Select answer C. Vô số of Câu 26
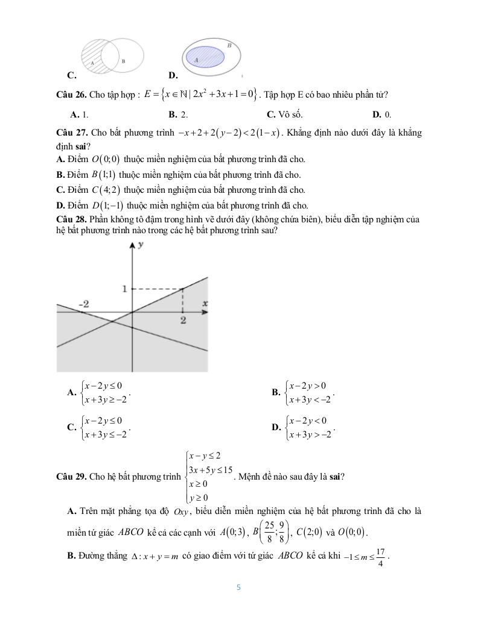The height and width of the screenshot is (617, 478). point(284,114)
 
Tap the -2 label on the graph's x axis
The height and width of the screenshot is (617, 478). point(85,304)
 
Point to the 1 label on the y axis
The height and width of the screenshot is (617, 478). point(124,289)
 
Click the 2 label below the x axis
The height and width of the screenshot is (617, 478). point(183,321)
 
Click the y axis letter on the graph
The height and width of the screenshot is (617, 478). point(140,245)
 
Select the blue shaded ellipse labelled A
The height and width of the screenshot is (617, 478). point(203,57)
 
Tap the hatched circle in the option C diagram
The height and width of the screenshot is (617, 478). point(101,56)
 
